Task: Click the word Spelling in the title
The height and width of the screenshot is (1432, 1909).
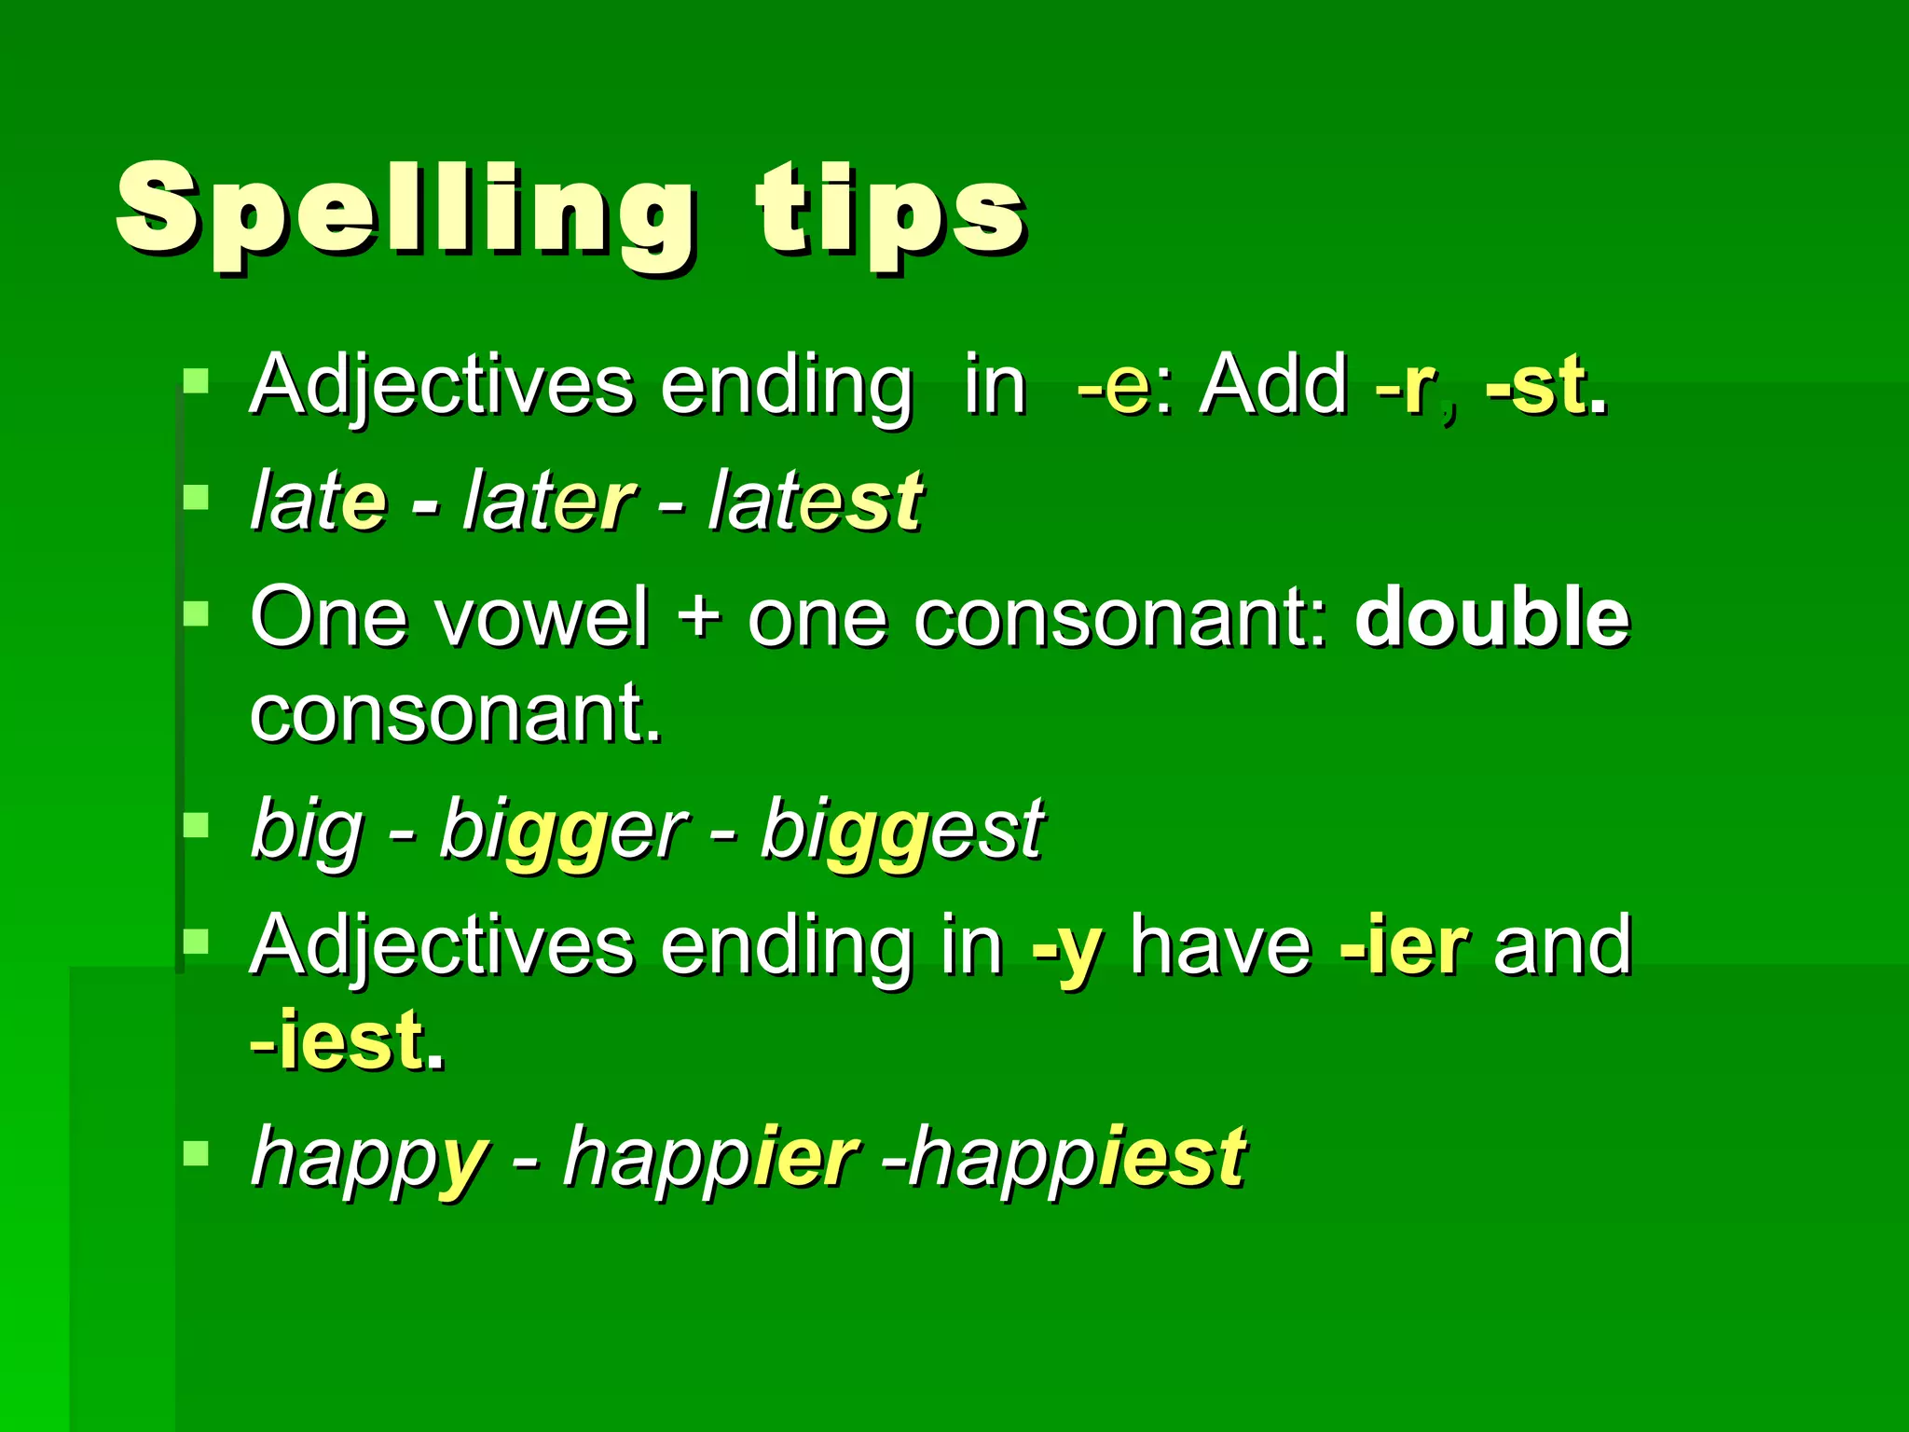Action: coord(405,214)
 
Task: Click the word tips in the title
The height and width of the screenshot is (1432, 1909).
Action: coord(890,214)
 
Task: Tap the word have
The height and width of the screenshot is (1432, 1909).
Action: coord(1221,947)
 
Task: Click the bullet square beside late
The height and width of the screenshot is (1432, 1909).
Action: coord(196,497)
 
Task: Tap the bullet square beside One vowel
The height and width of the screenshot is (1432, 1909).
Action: coord(196,613)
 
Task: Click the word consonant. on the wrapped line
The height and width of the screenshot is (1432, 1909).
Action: coord(456,714)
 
